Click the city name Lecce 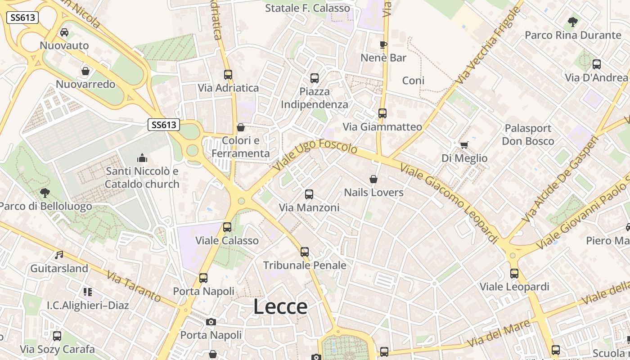point(280,307)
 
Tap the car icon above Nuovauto point(64,32)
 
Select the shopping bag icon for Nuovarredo point(85,71)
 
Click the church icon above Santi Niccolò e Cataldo point(142,158)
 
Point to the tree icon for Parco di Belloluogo point(45,193)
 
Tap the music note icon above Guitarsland point(59,255)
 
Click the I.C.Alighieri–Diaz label point(88,305)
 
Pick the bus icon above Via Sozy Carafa point(57,336)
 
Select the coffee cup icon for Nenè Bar point(383,45)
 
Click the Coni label point(413,81)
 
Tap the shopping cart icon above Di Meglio point(464,145)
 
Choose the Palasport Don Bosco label point(528,135)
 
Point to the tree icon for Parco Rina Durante point(572,22)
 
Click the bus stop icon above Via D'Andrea point(597,64)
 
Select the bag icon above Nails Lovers point(373,179)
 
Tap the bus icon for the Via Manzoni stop point(309,194)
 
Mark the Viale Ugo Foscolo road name point(315,154)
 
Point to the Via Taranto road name point(134,286)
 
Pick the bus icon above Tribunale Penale point(305,252)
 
